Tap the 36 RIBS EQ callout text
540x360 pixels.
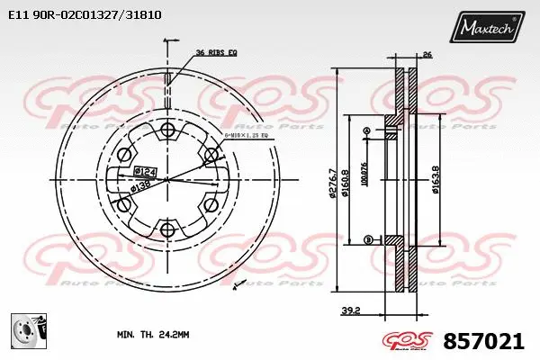click(216, 52)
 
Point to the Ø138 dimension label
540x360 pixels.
click(139, 186)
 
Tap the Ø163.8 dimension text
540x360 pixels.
click(435, 179)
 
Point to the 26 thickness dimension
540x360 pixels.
click(427, 56)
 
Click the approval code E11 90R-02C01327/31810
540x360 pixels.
click(85, 15)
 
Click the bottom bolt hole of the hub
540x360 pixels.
click(166, 231)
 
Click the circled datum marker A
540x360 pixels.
click(366, 132)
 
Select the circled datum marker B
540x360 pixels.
click(367, 238)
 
